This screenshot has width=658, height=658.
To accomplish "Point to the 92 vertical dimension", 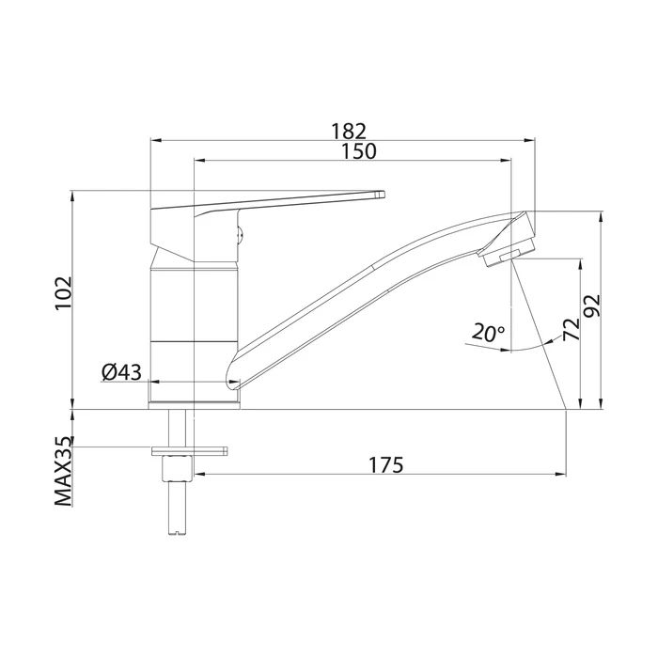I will click(593, 305).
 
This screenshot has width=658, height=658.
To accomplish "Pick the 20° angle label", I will click(489, 332).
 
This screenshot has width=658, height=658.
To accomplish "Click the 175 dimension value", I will click(384, 465).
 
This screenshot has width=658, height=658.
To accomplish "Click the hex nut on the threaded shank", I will click(175, 467).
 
